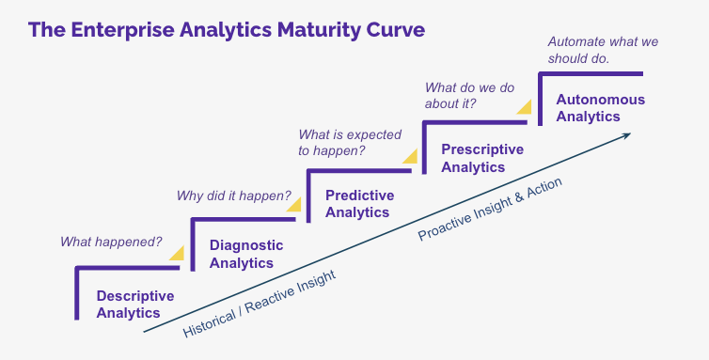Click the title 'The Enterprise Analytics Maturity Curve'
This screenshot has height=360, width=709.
click(226, 30)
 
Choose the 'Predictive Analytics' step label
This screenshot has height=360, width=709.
click(359, 204)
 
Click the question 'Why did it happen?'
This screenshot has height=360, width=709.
click(233, 196)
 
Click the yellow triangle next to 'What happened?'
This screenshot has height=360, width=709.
click(177, 254)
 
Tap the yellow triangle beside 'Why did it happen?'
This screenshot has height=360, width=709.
click(293, 204)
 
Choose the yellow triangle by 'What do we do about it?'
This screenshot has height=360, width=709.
click(524, 108)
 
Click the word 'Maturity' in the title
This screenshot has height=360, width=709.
click(319, 30)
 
